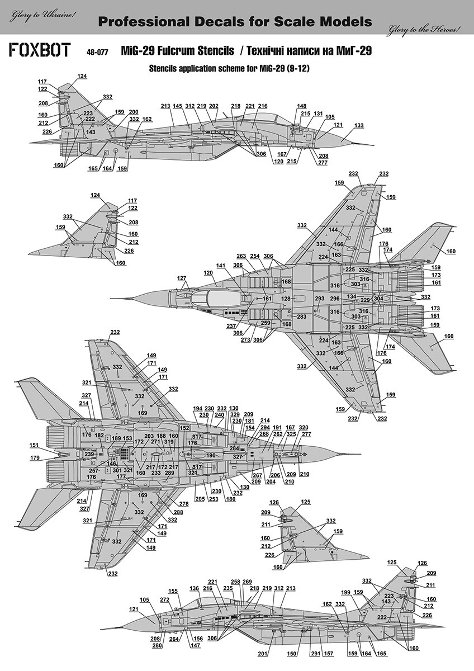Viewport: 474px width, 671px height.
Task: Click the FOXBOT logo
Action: coord(40,50)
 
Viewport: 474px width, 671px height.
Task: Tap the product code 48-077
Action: coord(97,53)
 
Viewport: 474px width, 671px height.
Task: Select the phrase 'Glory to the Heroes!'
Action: coord(424,29)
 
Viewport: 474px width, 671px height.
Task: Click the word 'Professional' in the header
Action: coord(144,22)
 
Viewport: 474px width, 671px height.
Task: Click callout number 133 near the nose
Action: coord(358,125)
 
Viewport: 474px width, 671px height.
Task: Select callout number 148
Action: coord(302,106)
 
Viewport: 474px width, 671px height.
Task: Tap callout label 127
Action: coord(182,278)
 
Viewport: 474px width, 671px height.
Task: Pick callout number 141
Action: coord(220,266)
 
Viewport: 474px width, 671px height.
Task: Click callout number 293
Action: coord(320,299)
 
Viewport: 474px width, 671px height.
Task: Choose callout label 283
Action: coord(301,316)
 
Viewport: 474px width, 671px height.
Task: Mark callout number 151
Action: coord(34,445)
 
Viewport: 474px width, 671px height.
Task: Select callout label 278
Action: coord(184,504)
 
